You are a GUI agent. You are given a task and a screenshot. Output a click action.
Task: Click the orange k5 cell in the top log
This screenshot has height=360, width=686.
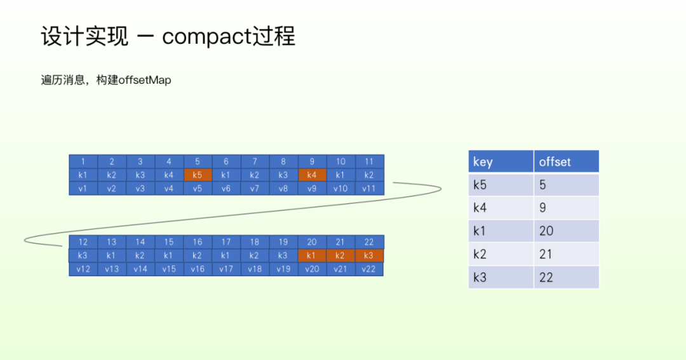[198, 175]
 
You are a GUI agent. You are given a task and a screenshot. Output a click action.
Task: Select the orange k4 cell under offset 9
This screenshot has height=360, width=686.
[312, 175]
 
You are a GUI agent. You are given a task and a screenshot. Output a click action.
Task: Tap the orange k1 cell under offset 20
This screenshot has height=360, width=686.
[312, 255]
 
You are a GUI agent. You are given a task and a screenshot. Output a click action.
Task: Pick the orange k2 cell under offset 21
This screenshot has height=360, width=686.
[340, 255]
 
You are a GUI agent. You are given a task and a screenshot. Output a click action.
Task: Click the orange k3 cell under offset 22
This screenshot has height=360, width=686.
[369, 255]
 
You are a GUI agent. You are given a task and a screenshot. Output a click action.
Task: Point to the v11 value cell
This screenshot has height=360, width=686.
[369, 188]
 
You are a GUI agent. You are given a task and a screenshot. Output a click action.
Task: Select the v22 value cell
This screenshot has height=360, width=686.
[369, 269]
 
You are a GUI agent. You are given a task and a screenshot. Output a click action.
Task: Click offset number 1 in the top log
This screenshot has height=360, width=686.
[83, 161]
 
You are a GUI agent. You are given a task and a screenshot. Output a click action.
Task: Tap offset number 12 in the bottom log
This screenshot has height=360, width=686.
[83, 242]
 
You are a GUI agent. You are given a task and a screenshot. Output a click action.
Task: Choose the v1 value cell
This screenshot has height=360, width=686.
[83, 188]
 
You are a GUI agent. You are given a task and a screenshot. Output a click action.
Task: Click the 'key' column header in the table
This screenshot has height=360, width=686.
[483, 162]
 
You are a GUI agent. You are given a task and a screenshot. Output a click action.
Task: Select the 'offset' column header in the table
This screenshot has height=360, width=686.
[555, 162]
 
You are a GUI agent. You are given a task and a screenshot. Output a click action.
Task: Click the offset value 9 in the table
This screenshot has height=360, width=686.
[543, 208]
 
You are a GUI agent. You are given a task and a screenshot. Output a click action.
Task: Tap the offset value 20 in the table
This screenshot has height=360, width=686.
[546, 231]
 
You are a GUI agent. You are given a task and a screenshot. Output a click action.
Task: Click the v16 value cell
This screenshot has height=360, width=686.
[198, 269]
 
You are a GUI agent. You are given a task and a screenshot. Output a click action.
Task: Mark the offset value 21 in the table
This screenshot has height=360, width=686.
[546, 255]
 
